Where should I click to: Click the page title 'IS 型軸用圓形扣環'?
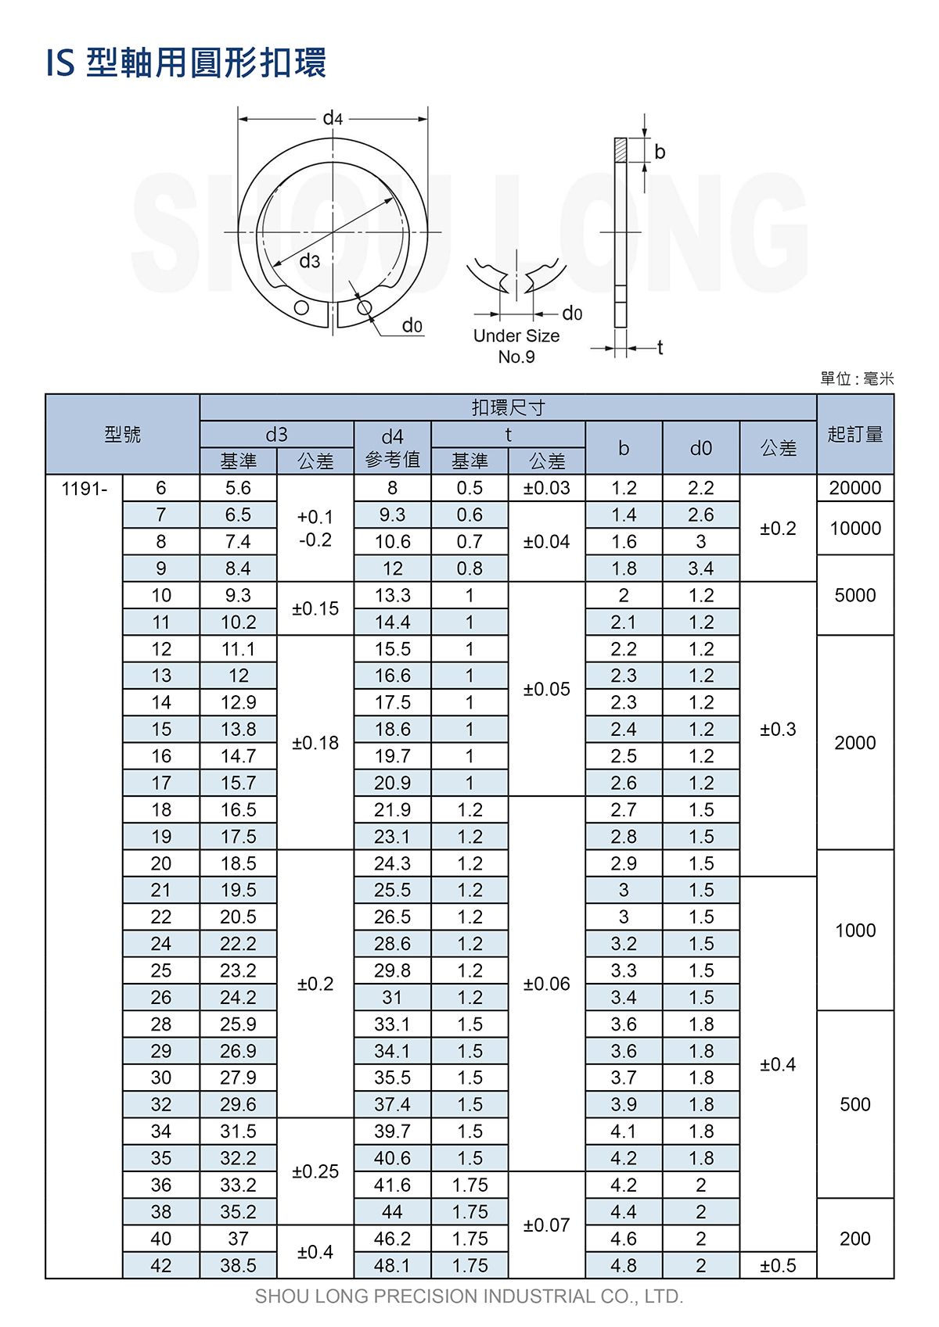pos(186,63)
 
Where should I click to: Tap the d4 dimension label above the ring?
pos(333,118)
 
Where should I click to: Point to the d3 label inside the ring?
pos(310,261)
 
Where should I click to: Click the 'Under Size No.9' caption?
pos(516,346)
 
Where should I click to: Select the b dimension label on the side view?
pos(660,152)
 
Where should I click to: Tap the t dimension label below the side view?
pos(660,347)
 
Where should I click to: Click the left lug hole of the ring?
pos(302,307)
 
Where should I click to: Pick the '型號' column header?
pos(123,434)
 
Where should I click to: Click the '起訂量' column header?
pos(855,434)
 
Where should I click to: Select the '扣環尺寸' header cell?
pos(508,407)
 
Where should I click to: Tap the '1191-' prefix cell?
pos(85,489)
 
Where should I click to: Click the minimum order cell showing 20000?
pos(855,488)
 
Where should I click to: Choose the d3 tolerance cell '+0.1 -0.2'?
pos(315,529)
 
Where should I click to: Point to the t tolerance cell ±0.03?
pos(547,488)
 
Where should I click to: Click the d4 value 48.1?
pos(392,1265)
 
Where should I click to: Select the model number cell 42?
pos(161,1265)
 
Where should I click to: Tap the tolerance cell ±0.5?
pos(778,1265)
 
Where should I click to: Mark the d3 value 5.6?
pos(238,488)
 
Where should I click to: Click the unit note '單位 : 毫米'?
pos(857,379)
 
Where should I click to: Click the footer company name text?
pos(469,1297)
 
